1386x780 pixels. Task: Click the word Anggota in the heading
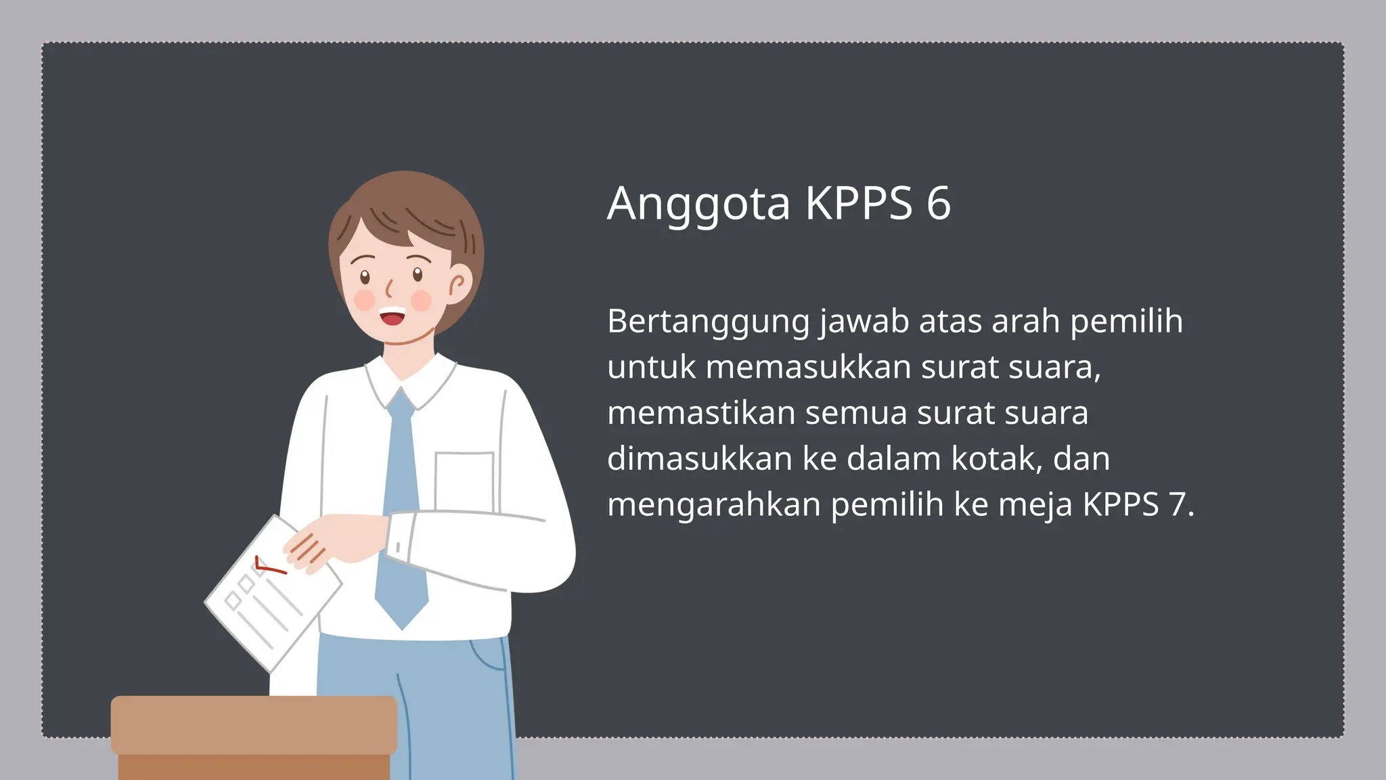698,203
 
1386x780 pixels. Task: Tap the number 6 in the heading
939,203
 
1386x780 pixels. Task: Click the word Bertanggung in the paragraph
708,322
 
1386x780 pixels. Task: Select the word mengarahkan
714,505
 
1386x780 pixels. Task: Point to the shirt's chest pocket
464,481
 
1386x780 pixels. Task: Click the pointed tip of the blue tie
402,626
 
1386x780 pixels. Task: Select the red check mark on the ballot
269,567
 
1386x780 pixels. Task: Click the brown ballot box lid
254,724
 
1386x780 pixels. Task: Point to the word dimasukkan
700,459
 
